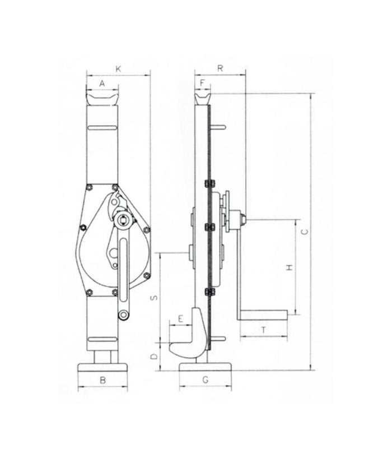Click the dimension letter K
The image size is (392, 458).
pyautogui.click(x=118, y=68)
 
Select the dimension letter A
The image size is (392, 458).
pyautogui.click(x=102, y=83)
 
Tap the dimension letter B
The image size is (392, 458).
pyautogui.click(x=102, y=380)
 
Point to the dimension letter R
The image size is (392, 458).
pyautogui.click(x=221, y=68)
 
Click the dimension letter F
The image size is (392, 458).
pyautogui.click(x=202, y=83)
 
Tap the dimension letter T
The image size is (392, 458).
pyautogui.click(x=263, y=331)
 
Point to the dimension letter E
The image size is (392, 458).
pyautogui.click(x=180, y=318)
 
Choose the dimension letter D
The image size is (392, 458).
pyautogui.click(x=155, y=355)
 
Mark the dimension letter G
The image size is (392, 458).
pyautogui.click(x=206, y=380)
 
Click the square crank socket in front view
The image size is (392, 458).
pyautogui.click(x=122, y=220)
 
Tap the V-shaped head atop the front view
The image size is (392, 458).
pyautogui.click(x=102, y=101)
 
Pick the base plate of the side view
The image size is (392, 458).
pyautogui.click(x=206, y=368)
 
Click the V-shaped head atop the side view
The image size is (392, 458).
pyautogui.click(x=203, y=100)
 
